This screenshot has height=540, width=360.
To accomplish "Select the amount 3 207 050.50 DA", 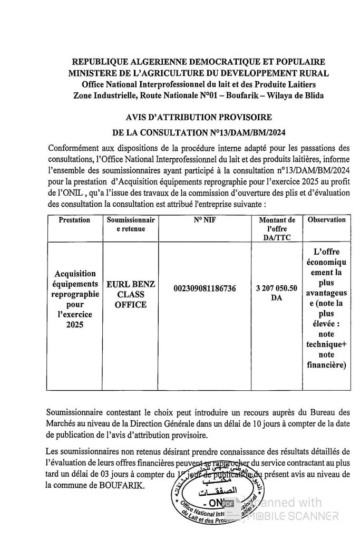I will [277, 293].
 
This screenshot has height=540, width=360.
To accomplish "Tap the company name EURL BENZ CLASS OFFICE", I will [131, 294].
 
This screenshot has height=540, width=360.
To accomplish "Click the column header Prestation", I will [74, 220].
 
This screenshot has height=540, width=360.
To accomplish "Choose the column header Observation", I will [326, 220].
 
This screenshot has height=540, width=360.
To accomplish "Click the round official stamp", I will [211, 498].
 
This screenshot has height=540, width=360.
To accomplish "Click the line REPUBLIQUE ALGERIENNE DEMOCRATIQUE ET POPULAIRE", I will [199, 62].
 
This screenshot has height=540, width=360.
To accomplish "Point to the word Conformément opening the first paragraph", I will [73, 147].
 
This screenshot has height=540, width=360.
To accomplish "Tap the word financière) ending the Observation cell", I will [326, 364].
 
